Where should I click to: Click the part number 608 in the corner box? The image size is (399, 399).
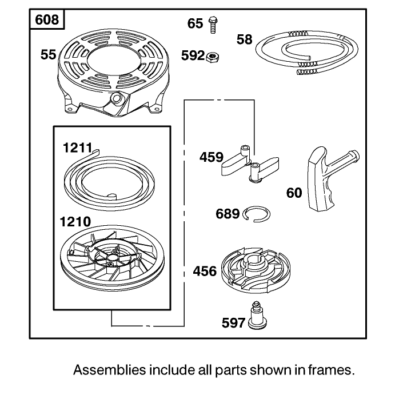47,19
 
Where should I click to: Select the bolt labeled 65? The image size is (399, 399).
213,25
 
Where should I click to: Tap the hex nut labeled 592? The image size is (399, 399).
212,57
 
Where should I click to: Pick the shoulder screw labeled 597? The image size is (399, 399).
257,316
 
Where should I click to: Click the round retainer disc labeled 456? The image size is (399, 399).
256,270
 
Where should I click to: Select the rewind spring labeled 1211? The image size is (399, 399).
109,179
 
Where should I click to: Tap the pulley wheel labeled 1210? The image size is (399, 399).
112,257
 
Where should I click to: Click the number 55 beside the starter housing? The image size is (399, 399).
48,55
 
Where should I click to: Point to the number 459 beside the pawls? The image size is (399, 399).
211,157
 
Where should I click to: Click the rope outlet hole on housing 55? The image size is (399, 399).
117,98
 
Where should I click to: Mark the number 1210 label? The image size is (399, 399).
75,222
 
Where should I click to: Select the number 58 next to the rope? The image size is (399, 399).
244,39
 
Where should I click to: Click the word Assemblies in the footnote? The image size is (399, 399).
110,370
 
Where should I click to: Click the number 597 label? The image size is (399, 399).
233,323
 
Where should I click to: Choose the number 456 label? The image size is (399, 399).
205,271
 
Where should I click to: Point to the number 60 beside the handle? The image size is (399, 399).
294,193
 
